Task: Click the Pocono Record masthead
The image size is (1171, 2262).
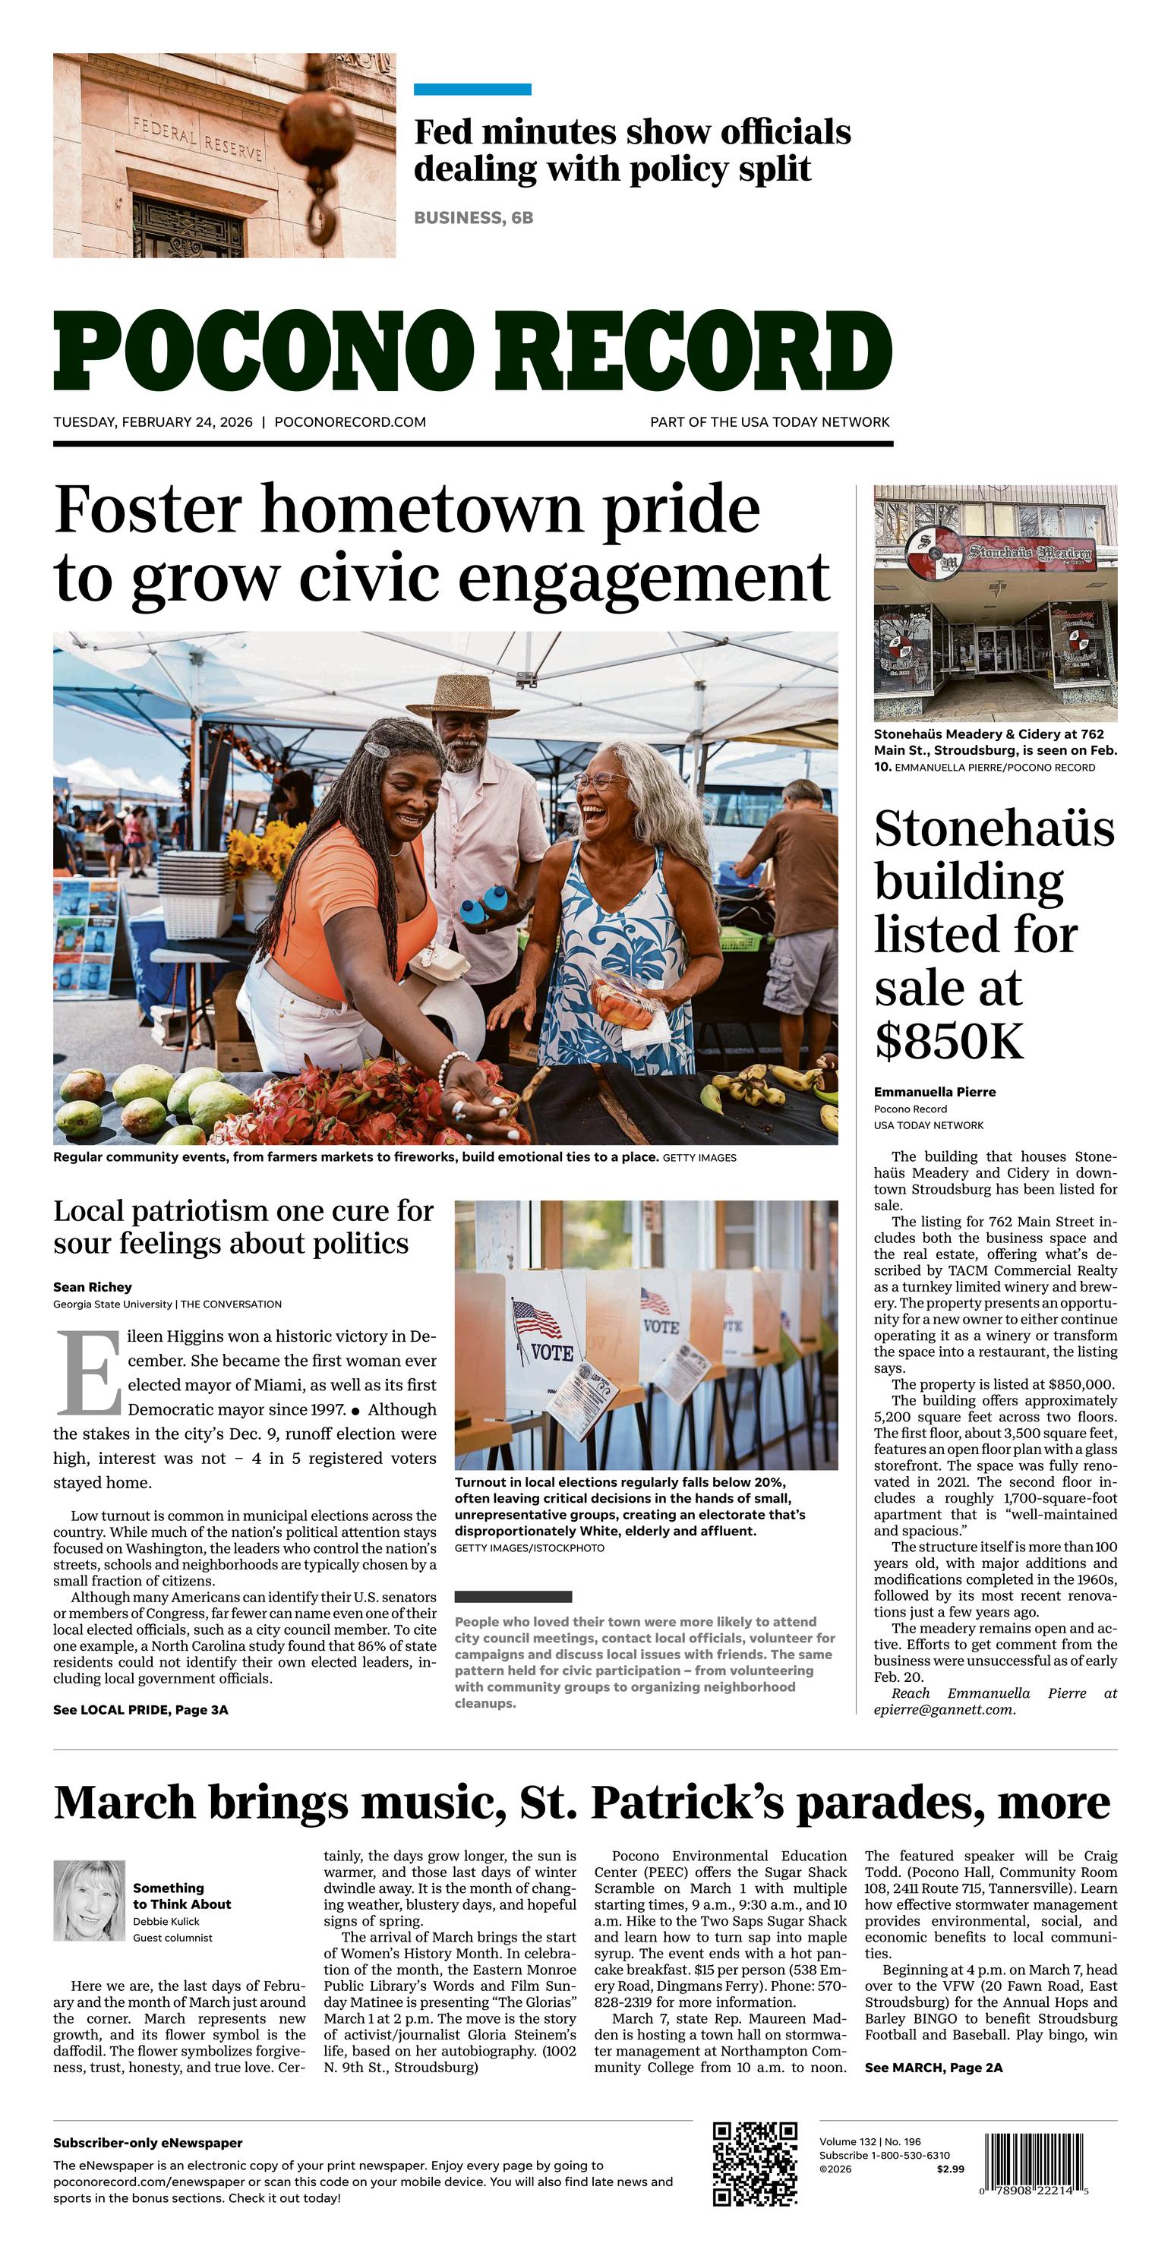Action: pyautogui.click(x=472, y=350)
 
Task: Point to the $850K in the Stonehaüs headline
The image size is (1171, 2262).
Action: pyautogui.click(x=948, y=1042)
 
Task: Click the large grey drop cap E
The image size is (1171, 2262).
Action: pyautogui.click(x=88, y=1373)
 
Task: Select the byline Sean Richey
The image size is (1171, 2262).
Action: pyautogui.click(x=92, y=1286)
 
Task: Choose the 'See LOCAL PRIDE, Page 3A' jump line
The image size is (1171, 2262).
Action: pyautogui.click(x=140, y=1710)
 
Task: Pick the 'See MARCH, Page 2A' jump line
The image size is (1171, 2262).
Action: pyautogui.click(x=933, y=2067)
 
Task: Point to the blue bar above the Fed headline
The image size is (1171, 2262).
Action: pyautogui.click(x=472, y=89)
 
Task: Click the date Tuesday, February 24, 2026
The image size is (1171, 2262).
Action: pyautogui.click(x=153, y=422)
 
